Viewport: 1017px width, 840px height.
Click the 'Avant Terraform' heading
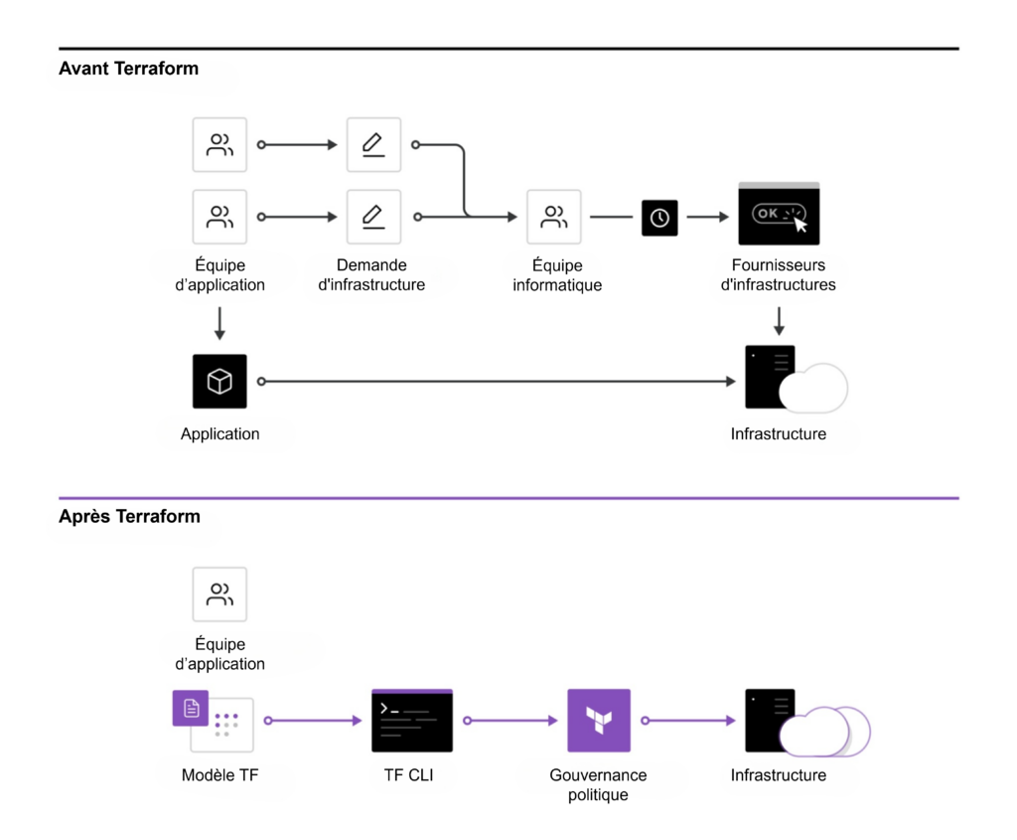point(128,69)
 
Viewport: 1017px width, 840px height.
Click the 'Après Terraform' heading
point(129,517)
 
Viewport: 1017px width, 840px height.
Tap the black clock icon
point(659,218)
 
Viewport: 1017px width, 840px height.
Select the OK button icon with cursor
point(779,215)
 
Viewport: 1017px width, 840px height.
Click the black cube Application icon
point(219,382)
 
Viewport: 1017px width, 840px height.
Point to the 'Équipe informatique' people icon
point(554,217)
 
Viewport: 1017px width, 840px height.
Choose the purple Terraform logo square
point(599,720)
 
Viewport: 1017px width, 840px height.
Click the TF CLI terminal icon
point(411,720)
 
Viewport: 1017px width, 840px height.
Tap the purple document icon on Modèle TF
point(191,708)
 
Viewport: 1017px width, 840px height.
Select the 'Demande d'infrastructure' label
point(371,275)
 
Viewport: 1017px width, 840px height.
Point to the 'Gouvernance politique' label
point(598,785)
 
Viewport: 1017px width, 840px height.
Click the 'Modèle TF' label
point(219,775)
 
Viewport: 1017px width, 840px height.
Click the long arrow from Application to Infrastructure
point(497,382)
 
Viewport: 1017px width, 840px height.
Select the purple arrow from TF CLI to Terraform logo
point(508,720)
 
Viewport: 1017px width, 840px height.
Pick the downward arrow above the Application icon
point(219,323)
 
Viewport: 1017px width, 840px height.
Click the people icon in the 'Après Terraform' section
point(219,594)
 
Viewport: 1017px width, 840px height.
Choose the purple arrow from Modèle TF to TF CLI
point(314,720)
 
